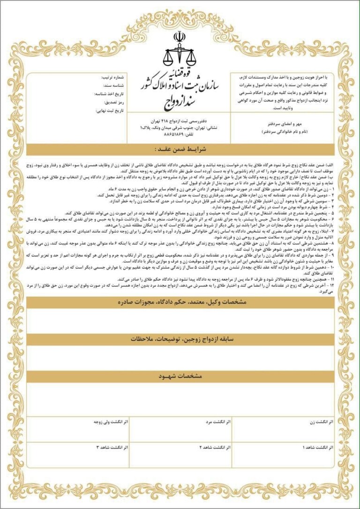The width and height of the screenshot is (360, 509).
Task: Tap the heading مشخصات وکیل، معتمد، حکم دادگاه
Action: tap(180, 303)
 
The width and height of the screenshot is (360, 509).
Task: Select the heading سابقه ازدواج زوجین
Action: tap(180, 338)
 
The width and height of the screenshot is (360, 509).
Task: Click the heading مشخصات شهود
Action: tap(180, 376)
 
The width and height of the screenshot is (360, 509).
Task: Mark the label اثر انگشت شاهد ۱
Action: tap(318, 448)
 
